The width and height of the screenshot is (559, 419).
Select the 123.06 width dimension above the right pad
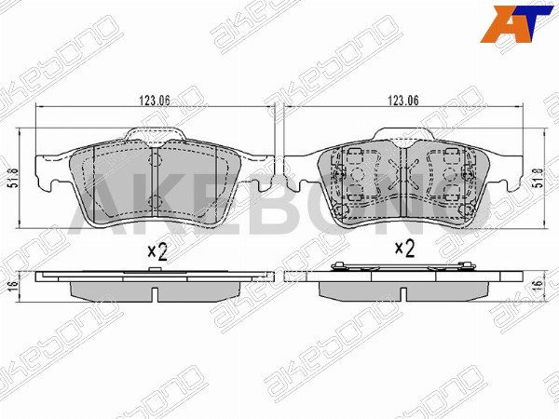(x=402, y=101)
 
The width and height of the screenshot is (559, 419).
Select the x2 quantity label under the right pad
(x=404, y=249)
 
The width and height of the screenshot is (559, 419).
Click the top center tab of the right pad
(x=402, y=133)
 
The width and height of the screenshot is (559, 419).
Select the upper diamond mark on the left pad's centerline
(x=154, y=156)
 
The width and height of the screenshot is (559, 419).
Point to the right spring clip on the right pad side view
(x=463, y=269)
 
